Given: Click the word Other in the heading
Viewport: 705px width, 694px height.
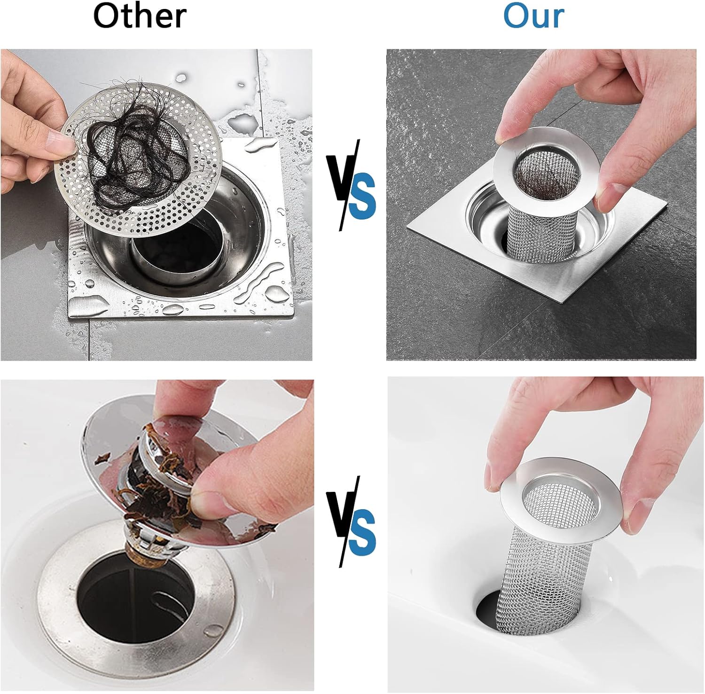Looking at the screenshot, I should (140, 16).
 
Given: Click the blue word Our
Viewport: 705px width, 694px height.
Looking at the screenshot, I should (533, 16).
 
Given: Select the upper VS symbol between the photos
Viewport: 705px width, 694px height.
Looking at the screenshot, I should (351, 186).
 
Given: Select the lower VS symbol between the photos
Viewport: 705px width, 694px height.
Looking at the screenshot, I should (351, 522).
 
